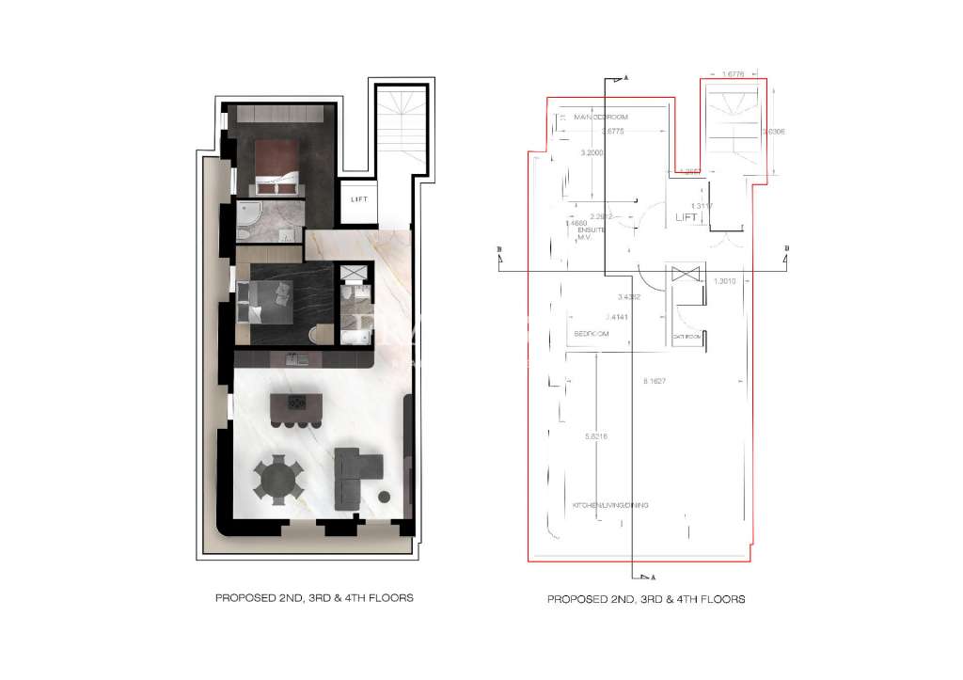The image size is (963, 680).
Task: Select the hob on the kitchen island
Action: point(296,403)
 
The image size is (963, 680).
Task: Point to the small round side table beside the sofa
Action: point(385,497)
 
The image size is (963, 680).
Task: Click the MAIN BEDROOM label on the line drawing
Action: point(600,117)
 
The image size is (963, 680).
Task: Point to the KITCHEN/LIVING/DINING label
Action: point(610,505)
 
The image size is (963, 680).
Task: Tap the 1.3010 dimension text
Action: point(724,280)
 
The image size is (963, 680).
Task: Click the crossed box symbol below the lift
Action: point(684,274)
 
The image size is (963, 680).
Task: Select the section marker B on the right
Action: point(785,247)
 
